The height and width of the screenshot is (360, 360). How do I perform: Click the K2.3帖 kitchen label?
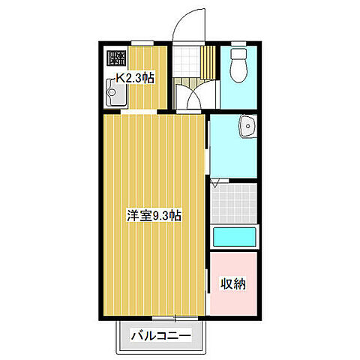click(x=135, y=77)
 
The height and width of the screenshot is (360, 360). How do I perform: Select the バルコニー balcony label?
click(x=161, y=334)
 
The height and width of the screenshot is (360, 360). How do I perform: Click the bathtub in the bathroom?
click(x=235, y=238)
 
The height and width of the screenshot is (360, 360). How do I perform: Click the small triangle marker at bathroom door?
click(x=215, y=182)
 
